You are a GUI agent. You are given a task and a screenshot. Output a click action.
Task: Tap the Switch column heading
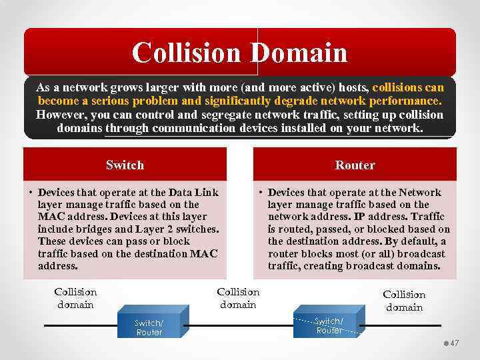click(125, 165)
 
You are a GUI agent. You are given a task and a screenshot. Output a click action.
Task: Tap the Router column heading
click(355, 165)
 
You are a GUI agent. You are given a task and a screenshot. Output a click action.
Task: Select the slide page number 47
click(455, 342)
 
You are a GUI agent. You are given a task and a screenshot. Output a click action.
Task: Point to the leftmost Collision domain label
click(75, 298)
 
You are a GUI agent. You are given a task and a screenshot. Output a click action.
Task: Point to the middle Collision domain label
click(238, 298)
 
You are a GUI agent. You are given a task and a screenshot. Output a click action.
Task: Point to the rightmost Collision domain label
click(404, 301)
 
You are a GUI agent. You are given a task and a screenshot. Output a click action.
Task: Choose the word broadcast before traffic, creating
click(423, 254)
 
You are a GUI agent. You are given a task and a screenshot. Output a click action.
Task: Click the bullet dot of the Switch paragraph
click(31, 193)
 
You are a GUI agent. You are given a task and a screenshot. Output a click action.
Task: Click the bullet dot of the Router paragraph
click(261, 193)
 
